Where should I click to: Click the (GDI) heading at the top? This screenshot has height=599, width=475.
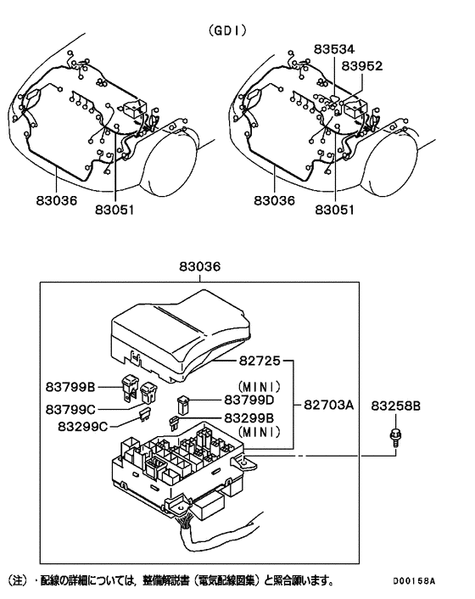click(x=227, y=31)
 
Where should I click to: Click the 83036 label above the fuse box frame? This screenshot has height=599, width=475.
click(x=199, y=266)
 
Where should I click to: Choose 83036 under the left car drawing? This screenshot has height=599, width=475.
click(x=57, y=201)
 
